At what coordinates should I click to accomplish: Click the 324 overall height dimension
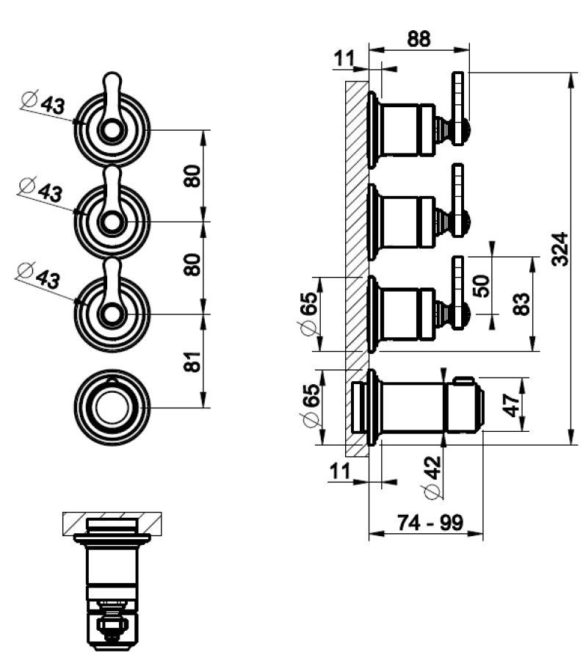560,249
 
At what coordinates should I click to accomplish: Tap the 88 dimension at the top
419,38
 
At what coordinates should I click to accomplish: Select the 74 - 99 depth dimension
430,522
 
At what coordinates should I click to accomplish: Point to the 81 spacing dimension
192,361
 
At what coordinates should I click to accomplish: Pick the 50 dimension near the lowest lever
482,286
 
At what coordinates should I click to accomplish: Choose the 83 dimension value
521,304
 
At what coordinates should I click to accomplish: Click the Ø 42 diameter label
433,477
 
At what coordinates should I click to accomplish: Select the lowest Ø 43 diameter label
39,275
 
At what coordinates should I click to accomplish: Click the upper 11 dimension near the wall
344,59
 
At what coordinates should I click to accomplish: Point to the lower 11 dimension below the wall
339,471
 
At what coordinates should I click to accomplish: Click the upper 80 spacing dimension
192,176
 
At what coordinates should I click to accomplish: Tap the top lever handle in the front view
112,105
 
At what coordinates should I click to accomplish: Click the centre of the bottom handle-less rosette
112,408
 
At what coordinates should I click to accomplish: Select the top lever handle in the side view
458,109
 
